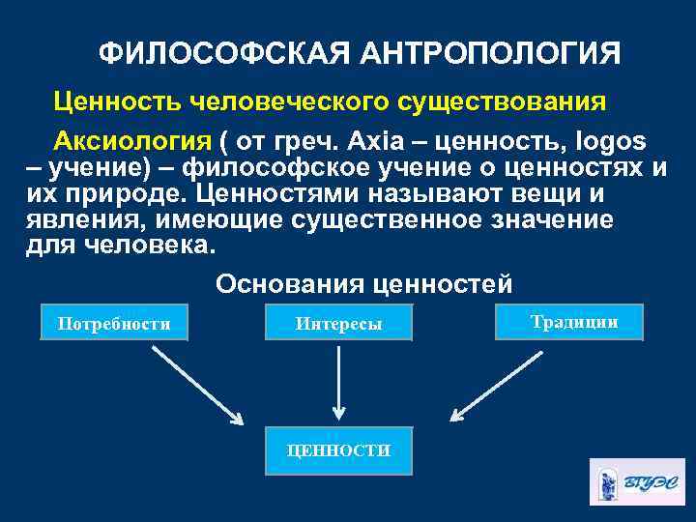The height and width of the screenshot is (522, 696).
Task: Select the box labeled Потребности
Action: pyautogui.click(x=114, y=323)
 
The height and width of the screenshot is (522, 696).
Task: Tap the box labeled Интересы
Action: pyautogui.click(x=338, y=323)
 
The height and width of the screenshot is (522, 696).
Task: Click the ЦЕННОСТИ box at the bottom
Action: pyautogui.click(x=338, y=450)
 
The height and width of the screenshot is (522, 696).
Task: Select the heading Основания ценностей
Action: pyautogui.click(x=363, y=284)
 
